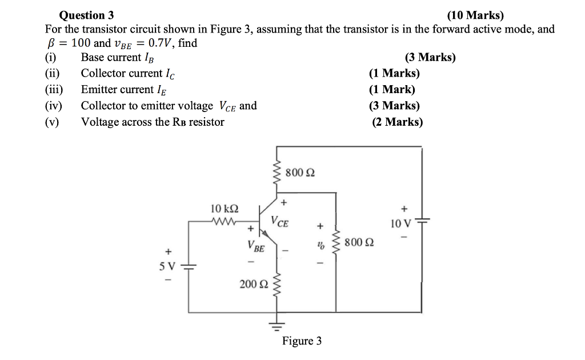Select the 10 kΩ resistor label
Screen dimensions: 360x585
225,209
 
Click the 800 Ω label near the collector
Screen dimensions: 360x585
299,172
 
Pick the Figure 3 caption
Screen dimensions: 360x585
302,341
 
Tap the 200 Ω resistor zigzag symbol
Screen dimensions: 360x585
278,284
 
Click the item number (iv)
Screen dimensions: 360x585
54,106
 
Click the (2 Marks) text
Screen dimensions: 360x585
397,122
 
